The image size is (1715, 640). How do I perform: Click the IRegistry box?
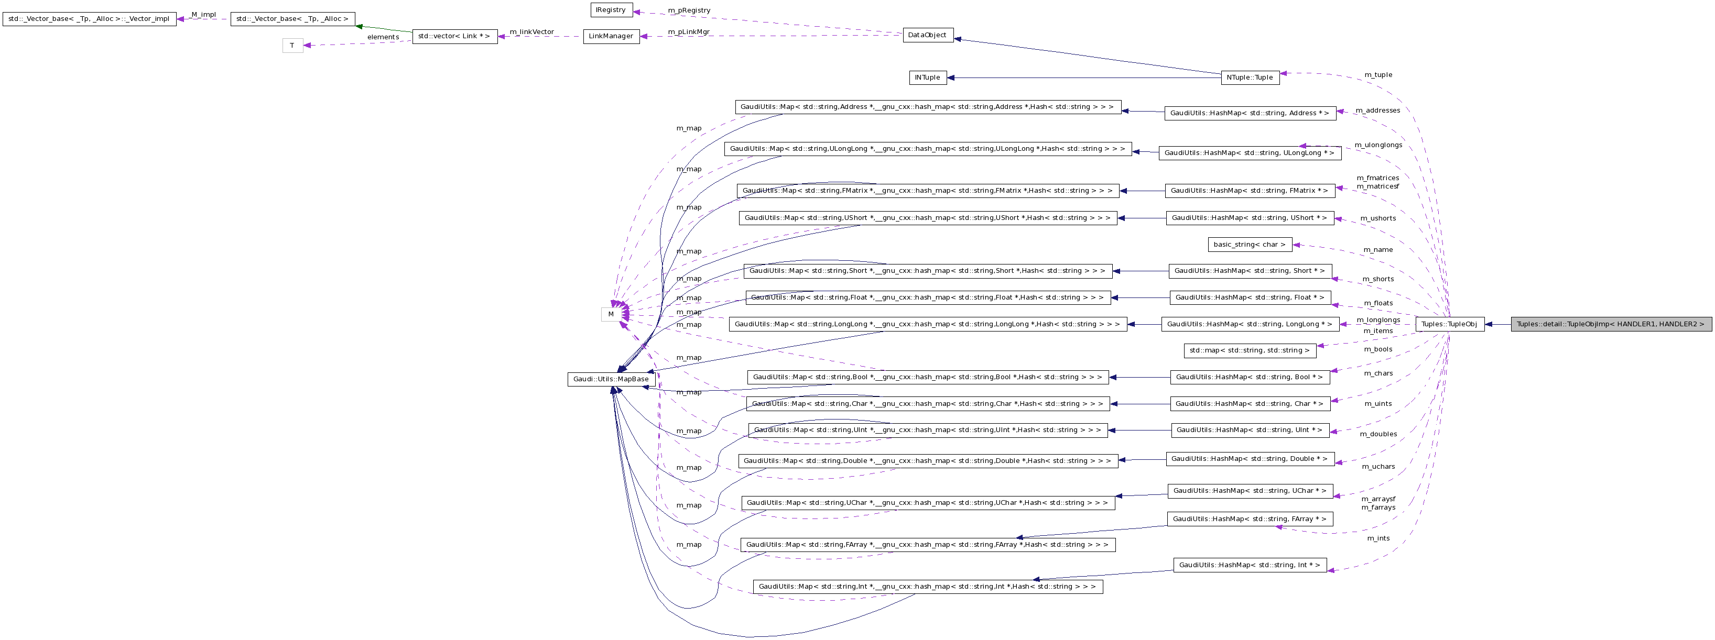click(611, 10)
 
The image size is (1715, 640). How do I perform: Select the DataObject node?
click(927, 35)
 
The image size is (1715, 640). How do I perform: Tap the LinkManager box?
click(611, 37)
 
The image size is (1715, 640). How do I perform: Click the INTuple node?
click(927, 78)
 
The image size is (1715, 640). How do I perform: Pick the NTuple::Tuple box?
click(1250, 78)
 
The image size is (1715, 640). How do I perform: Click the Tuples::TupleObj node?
click(1449, 325)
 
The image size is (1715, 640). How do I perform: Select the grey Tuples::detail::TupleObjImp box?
click(1611, 325)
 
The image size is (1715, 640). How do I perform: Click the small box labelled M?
click(611, 314)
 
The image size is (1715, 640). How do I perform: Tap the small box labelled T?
click(292, 46)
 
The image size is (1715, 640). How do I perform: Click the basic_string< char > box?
click(1250, 245)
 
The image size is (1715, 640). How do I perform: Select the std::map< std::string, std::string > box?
click(1250, 350)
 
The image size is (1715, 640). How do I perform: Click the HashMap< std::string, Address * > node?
click(1250, 113)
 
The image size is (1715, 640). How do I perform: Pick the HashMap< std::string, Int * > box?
click(1250, 566)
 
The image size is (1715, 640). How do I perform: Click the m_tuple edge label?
click(1377, 74)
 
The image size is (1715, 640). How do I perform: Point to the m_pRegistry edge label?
click(689, 10)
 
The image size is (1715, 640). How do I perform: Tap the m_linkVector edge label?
click(531, 31)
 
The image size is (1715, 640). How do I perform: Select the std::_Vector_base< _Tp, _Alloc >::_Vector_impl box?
click(89, 19)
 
